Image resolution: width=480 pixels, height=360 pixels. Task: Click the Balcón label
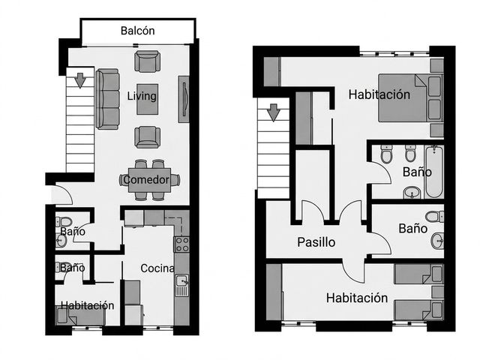[137, 31]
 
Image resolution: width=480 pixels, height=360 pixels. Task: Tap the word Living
[142, 96]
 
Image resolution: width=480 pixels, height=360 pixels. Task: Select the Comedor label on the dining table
[146, 180]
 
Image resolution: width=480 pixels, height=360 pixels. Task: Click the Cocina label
[157, 268]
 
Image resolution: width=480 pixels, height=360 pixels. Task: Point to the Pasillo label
[316, 242]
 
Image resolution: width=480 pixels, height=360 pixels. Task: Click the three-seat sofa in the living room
[107, 99]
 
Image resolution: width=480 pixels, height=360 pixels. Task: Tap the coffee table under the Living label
[147, 99]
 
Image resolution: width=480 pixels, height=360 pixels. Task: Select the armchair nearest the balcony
[147, 61]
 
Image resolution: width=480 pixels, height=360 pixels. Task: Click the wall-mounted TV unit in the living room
[184, 99]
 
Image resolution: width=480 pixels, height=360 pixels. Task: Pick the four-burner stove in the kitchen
[181, 244]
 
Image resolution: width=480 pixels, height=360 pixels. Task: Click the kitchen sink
[181, 285]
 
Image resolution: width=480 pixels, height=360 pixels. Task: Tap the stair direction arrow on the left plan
[80, 80]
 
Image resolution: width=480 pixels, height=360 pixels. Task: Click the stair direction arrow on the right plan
[273, 112]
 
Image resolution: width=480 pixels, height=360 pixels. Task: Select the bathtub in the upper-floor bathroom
[433, 172]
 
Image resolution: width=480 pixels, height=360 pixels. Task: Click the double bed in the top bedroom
[410, 98]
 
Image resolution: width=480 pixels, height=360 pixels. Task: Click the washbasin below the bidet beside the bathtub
[412, 192]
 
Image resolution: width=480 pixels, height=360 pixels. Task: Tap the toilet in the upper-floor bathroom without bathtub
[435, 217]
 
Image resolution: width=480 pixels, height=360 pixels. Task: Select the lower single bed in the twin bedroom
[418, 310]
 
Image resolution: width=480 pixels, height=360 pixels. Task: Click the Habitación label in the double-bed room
[379, 94]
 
